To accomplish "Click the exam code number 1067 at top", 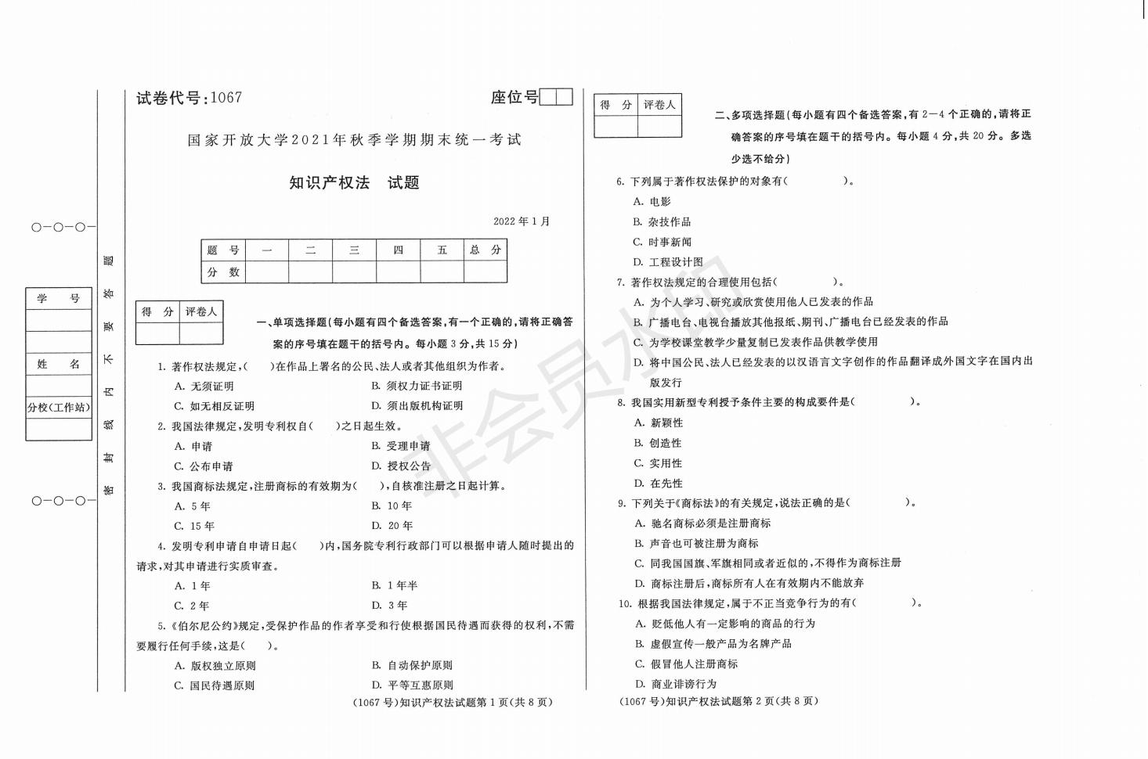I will pyautogui.click(x=226, y=98).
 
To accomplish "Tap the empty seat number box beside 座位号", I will pyautogui.click(x=556, y=97).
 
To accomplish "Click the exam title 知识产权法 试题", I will pyautogui.click(x=354, y=183).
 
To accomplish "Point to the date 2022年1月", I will pyautogui.click(x=522, y=221).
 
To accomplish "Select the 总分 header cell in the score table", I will pyautogui.click(x=485, y=250).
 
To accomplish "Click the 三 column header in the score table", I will pyautogui.click(x=354, y=250).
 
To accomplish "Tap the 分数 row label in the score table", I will pyautogui.click(x=223, y=272).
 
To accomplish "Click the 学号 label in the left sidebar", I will pyautogui.click(x=59, y=299).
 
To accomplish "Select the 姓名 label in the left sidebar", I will pyautogui.click(x=59, y=365).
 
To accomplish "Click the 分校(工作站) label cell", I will pyautogui.click(x=59, y=408).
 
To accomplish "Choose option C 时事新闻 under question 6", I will pyautogui.click(x=662, y=243).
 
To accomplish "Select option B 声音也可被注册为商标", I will pyautogui.click(x=696, y=543).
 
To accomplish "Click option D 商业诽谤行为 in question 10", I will pyautogui.click(x=676, y=684).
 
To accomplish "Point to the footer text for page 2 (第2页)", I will pyautogui.click(x=718, y=701).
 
